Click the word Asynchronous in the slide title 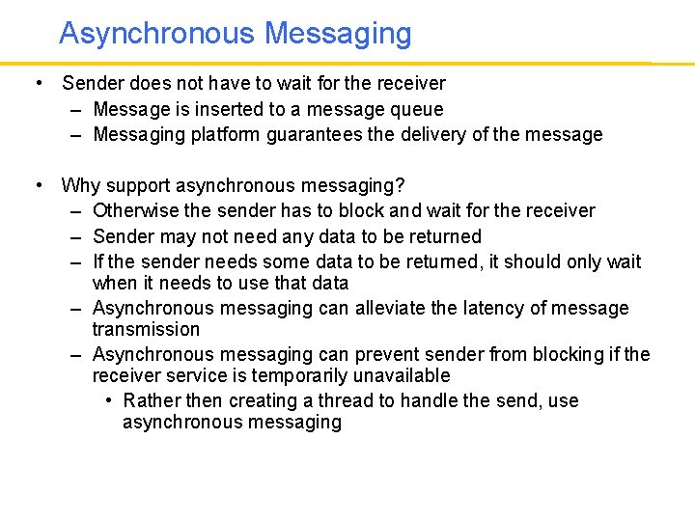(x=157, y=34)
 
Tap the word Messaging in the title (x=338, y=34)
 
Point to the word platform (x=218, y=135)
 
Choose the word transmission (x=146, y=330)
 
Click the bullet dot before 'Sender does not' (x=37, y=84)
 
